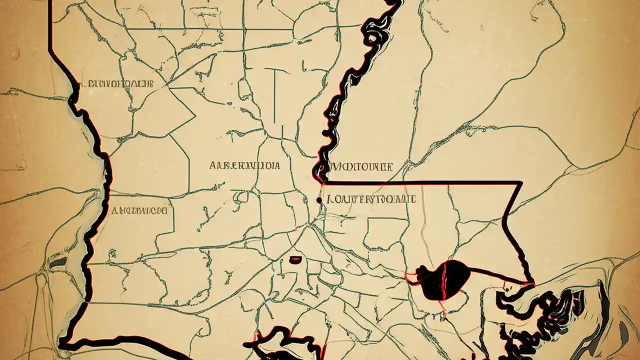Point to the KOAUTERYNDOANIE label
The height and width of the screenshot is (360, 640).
pos(371,199)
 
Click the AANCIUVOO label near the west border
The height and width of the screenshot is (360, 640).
pos(139,211)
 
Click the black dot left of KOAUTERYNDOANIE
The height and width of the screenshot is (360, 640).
pos(319,200)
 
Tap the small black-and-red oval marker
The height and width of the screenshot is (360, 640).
pos(296,259)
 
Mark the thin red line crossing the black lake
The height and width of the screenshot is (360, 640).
pos(442,285)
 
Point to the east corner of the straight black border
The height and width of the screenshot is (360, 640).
pos(520,183)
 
